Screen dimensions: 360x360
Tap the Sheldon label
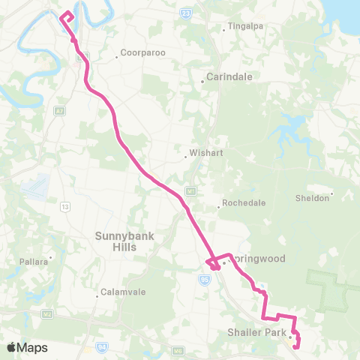point(313,198)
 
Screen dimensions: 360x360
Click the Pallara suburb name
point(34,262)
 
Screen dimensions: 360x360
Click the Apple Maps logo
point(27,347)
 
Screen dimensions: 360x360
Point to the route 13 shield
point(66,205)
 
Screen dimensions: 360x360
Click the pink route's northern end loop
point(67,16)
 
